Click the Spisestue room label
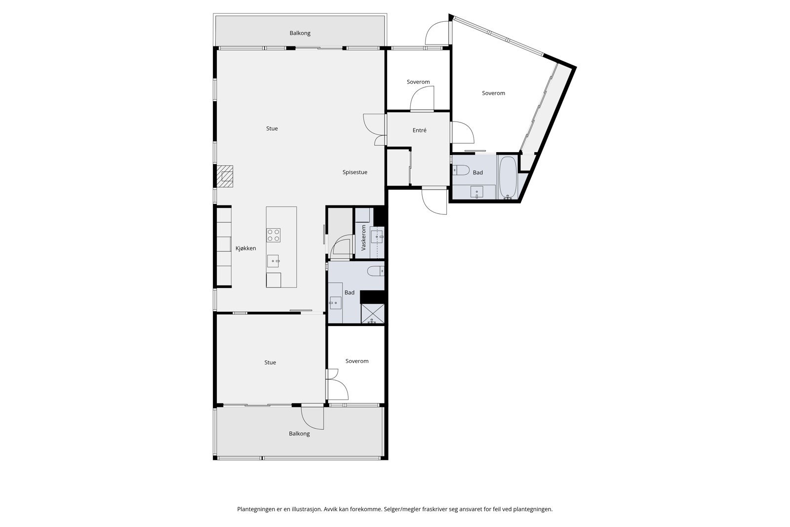(x=355, y=172)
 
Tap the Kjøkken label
(x=246, y=248)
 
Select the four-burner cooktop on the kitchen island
(x=274, y=235)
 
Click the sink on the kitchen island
(x=273, y=261)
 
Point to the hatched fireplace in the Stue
(x=225, y=176)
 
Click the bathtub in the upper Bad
(x=508, y=177)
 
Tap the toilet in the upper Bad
(x=461, y=171)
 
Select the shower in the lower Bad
(x=372, y=314)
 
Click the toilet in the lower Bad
(x=376, y=271)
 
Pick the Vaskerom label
(x=363, y=238)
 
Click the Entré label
(x=419, y=130)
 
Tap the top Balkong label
(x=300, y=33)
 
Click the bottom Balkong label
(x=299, y=434)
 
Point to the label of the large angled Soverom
(x=493, y=93)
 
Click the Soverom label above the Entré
(x=418, y=82)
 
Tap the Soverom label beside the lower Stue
(x=357, y=361)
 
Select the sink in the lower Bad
(x=335, y=303)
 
